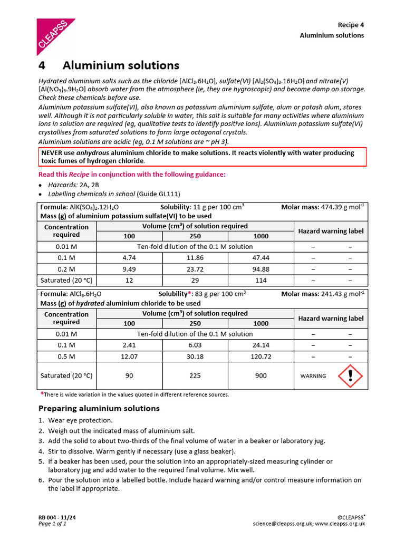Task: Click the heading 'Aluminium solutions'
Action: [120, 65]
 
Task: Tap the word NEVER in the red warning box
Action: [53, 153]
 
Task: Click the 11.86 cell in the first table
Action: [195, 258]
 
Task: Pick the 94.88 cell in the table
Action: [261, 269]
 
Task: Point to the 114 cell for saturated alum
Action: [261, 281]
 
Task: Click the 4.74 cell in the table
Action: [129, 258]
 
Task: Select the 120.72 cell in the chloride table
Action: [261, 356]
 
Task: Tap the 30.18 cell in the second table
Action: [195, 356]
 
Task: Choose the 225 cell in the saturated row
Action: [195, 376]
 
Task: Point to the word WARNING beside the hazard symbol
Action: [313, 377]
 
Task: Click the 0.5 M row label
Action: [66, 356]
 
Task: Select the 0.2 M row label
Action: [66, 269]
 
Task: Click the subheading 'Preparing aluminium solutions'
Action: [99, 408]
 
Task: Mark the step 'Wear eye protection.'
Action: [80, 420]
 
